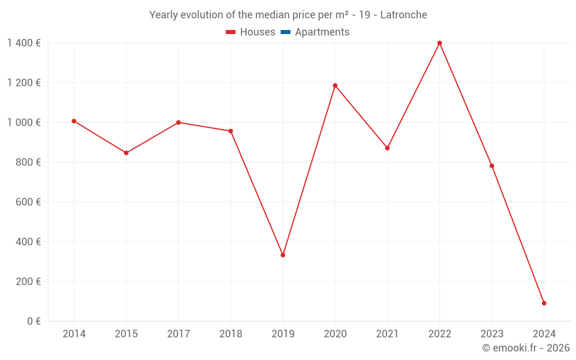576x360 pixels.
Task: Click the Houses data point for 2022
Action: (x=439, y=43)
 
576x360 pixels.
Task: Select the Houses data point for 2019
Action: (x=283, y=255)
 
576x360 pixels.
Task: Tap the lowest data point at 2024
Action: (x=544, y=303)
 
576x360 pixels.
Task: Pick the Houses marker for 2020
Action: (x=335, y=86)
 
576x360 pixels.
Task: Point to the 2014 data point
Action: (x=74, y=121)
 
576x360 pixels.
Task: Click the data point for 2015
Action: (x=126, y=153)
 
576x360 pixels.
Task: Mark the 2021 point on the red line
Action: (x=387, y=148)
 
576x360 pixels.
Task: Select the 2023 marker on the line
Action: (x=492, y=166)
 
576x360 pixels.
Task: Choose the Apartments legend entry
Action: (x=322, y=32)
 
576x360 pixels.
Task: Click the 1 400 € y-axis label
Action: (x=24, y=43)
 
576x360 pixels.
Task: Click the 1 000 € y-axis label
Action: (x=24, y=123)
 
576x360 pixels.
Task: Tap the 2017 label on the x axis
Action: (x=179, y=334)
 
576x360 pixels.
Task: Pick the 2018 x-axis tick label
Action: (x=230, y=334)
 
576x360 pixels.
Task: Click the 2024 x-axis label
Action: (x=544, y=334)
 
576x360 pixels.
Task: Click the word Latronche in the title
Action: (x=403, y=15)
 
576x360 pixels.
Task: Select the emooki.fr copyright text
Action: (x=526, y=348)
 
